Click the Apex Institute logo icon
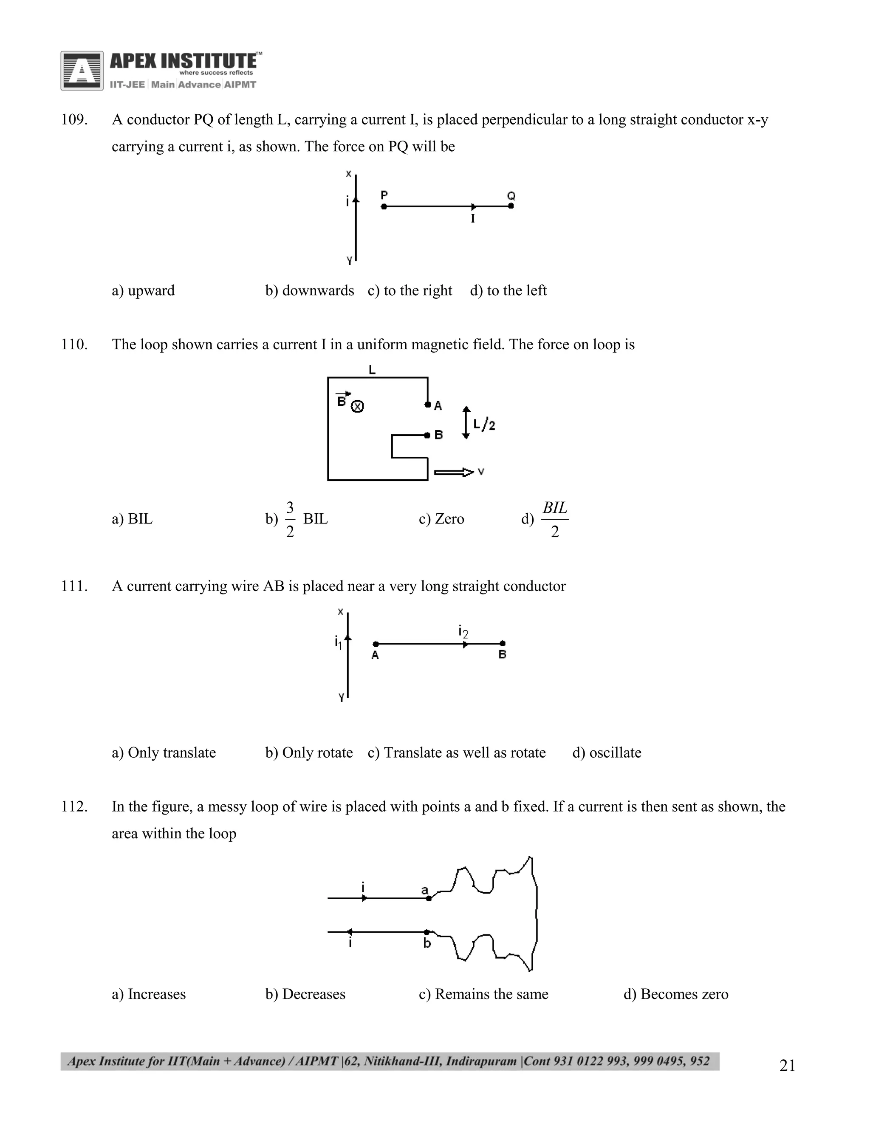[82, 71]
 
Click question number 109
[74, 120]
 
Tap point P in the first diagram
[384, 206]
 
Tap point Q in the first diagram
[511, 206]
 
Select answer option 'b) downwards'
[309, 290]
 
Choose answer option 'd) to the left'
[508, 290]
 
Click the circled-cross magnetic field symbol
[357, 407]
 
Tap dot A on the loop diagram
[427, 405]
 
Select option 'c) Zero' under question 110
[441, 519]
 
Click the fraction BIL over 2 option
[554, 519]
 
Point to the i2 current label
[463, 631]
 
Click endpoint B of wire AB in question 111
[503, 643]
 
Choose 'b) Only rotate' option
[309, 753]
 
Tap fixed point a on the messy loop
[428, 899]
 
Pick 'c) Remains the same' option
[483, 994]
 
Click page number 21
[787, 1066]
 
